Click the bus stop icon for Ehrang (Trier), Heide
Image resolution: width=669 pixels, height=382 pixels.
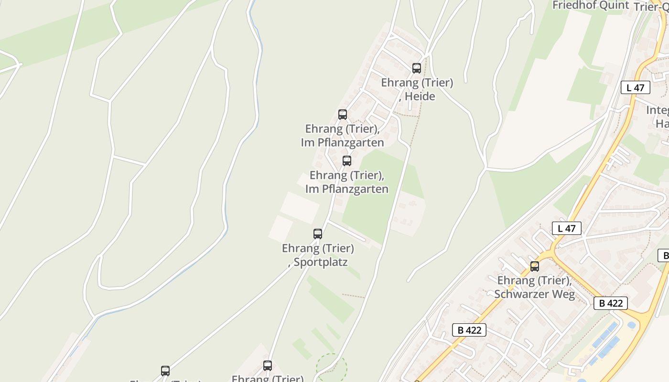(x=417, y=68)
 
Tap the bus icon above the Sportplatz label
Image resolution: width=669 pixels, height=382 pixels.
(x=318, y=234)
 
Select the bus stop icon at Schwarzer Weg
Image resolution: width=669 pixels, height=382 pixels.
(x=535, y=266)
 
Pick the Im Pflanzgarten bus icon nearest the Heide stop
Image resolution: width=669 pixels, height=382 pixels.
(x=343, y=115)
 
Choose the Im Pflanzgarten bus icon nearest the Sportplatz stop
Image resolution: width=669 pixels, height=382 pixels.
(x=347, y=161)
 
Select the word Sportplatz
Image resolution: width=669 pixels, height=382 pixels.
(x=321, y=262)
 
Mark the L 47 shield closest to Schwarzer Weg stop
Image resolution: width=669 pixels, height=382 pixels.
(x=567, y=228)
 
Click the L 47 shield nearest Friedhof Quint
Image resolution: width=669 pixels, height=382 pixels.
(x=636, y=87)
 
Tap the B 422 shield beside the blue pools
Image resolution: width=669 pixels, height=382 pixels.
(x=611, y=303)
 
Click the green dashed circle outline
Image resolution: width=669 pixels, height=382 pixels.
(x=331, y=368)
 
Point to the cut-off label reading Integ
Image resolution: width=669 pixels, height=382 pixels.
(x=658, y=110)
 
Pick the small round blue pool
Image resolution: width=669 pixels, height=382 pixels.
(x=632, y=325)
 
